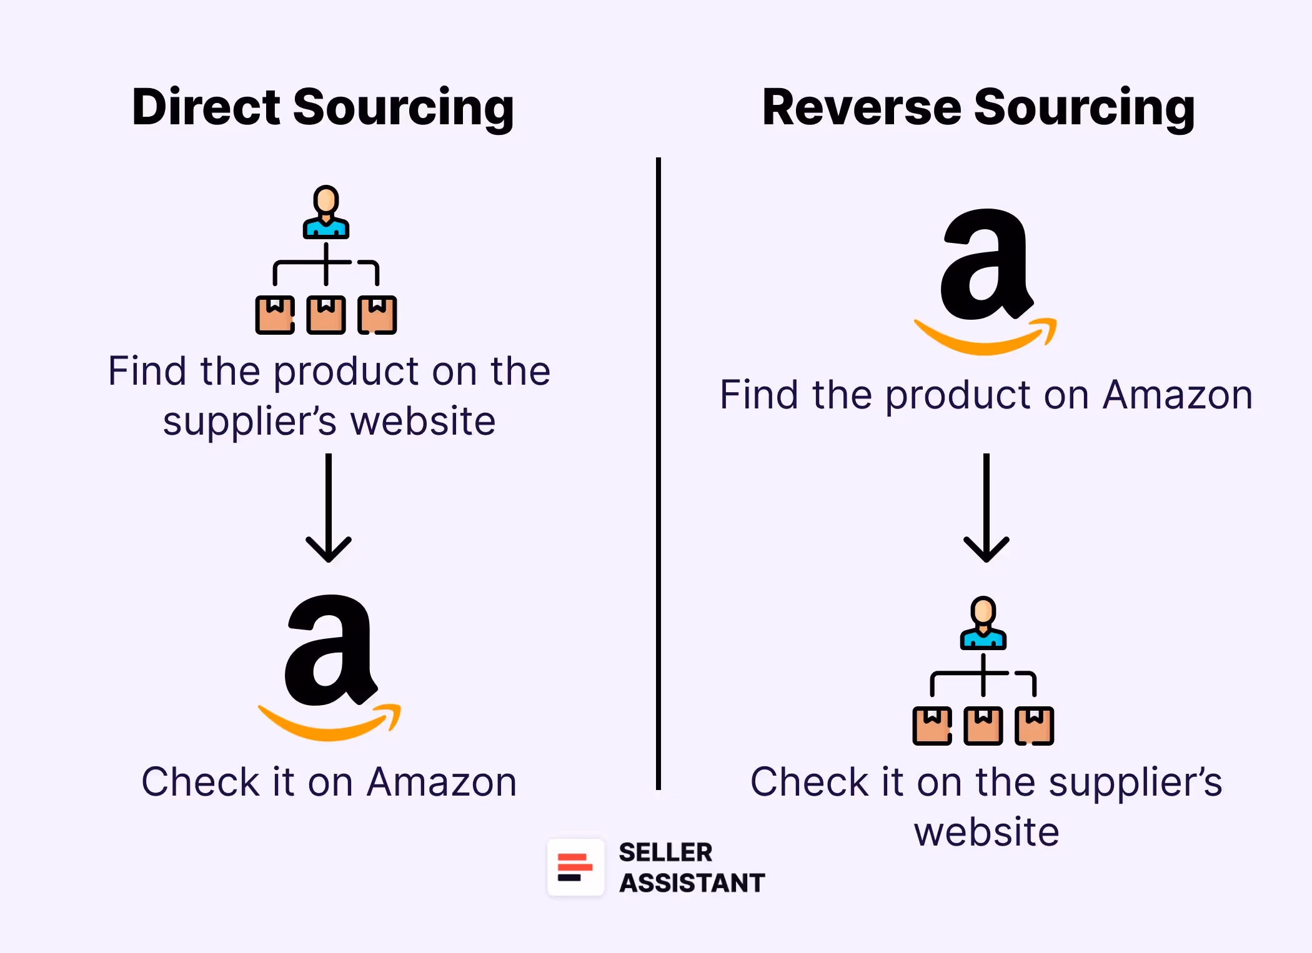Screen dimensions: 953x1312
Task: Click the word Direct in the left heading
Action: [207, 107]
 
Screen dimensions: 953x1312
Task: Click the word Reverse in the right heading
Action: [862, 107]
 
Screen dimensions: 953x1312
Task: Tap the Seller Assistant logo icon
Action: [575, 867]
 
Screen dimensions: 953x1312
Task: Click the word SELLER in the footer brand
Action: [665, 852]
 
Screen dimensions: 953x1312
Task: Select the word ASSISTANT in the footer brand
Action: [692, 883]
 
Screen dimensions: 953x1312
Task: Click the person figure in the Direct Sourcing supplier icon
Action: [326, 212]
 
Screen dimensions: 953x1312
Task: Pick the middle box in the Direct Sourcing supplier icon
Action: [326, 315]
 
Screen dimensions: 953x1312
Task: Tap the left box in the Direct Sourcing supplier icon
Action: [275, 315]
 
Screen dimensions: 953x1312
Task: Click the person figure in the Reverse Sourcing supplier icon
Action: [983, 623]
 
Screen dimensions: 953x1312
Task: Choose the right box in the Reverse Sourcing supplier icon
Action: [1035, 726]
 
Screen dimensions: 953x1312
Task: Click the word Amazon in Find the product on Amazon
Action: [1178, 395]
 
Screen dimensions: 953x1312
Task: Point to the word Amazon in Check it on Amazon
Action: [442, 782]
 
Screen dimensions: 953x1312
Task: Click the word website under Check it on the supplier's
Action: [986, 832]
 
